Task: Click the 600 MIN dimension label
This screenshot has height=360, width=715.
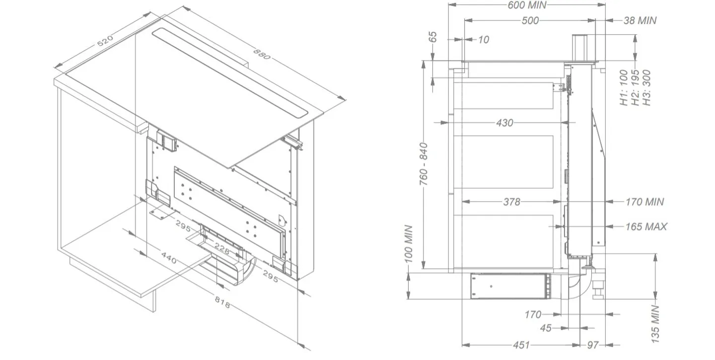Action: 527,5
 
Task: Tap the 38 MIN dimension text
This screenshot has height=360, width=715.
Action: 640,20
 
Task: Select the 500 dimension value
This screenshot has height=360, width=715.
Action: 530,20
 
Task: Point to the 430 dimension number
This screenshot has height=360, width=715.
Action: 504,123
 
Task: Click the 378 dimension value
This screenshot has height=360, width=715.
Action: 511,202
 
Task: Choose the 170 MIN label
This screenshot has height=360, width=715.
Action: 644,202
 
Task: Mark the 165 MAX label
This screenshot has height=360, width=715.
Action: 646,226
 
